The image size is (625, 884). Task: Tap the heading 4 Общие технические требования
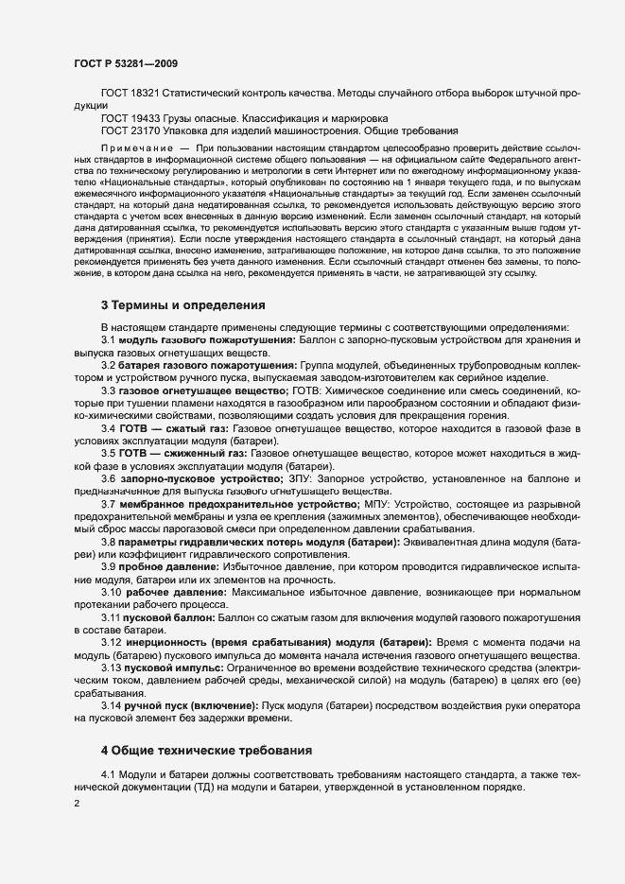click(206, 751)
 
